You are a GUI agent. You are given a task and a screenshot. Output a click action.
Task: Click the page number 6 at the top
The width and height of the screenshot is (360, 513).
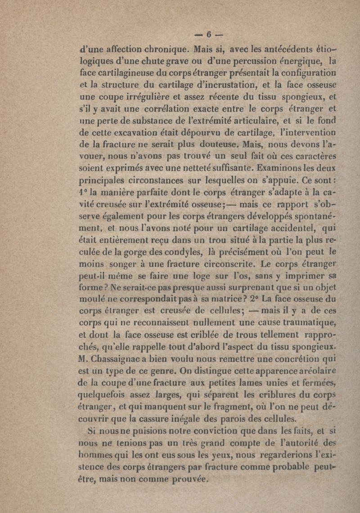[x=209, y=34]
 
